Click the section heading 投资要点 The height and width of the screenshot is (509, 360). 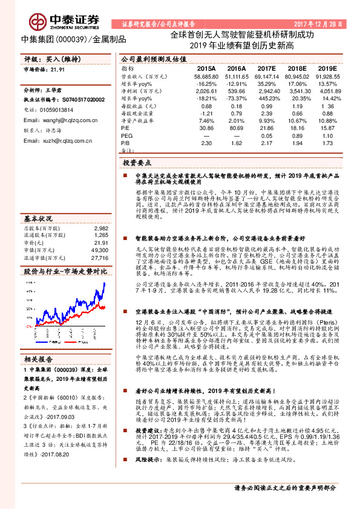point(136,163)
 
